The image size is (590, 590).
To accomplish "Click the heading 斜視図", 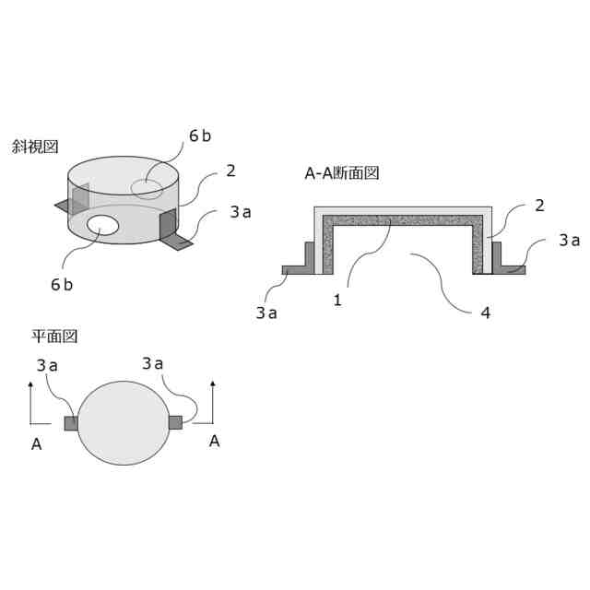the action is (35, 147).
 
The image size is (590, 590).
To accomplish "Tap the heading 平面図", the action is (54, 336).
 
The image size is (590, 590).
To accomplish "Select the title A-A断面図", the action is (342, 173).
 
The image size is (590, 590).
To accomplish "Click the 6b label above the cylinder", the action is (200, 136).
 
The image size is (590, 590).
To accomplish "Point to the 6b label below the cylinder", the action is (62, 285).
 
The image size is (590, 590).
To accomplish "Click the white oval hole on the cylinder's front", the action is (102, 225).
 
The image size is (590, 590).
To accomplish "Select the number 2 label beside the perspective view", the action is (230, 171).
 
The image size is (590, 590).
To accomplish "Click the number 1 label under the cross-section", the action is (337, 301).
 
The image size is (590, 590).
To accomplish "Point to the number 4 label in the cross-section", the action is (486, 313).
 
